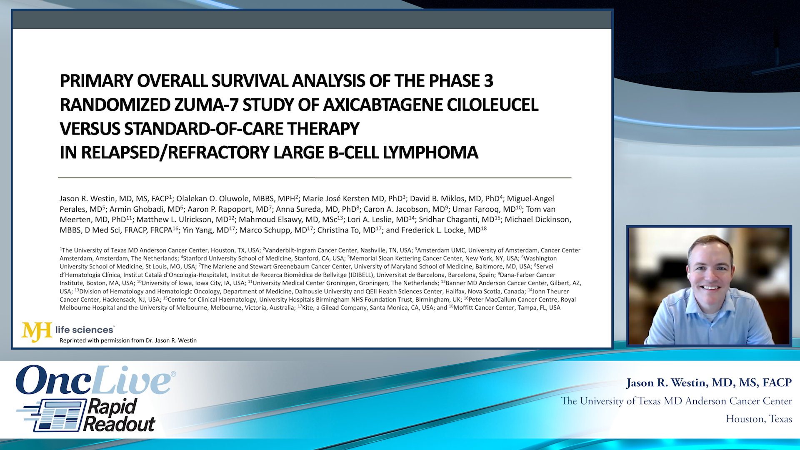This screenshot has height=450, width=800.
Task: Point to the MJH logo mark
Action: [x=37, y=332]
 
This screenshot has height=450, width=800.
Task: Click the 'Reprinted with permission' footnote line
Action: [x=128, y=340]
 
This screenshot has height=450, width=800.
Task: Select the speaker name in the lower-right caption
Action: [x=709, y=382]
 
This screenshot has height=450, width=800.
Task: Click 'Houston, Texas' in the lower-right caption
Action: [x=759, y=419]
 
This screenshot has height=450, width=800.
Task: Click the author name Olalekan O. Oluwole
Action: [x=210, y=199]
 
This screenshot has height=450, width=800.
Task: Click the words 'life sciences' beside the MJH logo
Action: [x=85, y=330]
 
